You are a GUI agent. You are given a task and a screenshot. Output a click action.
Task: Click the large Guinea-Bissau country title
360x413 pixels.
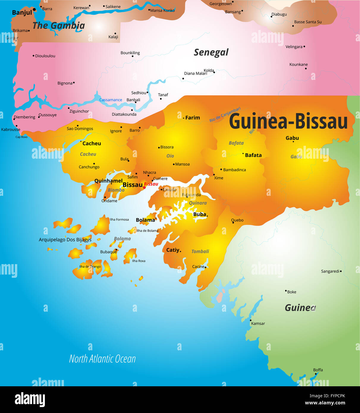point(288,122)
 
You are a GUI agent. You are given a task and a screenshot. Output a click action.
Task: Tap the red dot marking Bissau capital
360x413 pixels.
point(144,187)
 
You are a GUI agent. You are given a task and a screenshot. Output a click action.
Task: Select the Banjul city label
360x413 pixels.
point(22,12)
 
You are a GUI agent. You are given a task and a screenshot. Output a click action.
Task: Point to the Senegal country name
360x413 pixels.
point(211,52)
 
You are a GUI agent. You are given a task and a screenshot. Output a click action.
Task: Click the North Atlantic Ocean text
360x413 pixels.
point(102,359)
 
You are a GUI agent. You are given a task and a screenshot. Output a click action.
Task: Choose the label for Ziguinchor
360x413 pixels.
point(79,111)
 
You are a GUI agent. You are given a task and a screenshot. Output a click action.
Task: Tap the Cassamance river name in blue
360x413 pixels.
point(111,100)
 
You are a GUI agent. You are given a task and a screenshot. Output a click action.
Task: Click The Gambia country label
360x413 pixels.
point(59,26)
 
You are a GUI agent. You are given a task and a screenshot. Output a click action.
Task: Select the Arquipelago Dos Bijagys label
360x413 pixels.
point(65,240)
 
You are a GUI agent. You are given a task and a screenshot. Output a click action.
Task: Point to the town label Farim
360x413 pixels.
point(192,118)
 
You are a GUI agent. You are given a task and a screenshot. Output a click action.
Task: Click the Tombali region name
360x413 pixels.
point(200,251)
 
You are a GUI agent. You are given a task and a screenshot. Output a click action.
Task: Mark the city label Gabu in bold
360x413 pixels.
point(292,138)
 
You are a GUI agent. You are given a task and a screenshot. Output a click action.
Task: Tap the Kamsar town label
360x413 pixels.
point(258,324)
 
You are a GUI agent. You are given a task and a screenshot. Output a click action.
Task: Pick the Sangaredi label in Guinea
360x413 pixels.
point(330,271)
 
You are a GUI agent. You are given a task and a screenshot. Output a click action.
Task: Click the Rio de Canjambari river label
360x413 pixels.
point(225,114)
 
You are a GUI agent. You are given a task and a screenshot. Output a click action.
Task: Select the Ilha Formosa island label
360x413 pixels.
point(119,220)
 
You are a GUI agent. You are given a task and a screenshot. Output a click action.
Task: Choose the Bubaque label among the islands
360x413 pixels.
point(108,252)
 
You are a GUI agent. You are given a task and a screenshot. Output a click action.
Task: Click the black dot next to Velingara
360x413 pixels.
point(304,47)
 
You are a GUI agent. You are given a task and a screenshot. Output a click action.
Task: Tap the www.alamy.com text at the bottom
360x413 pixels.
point(325,403)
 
